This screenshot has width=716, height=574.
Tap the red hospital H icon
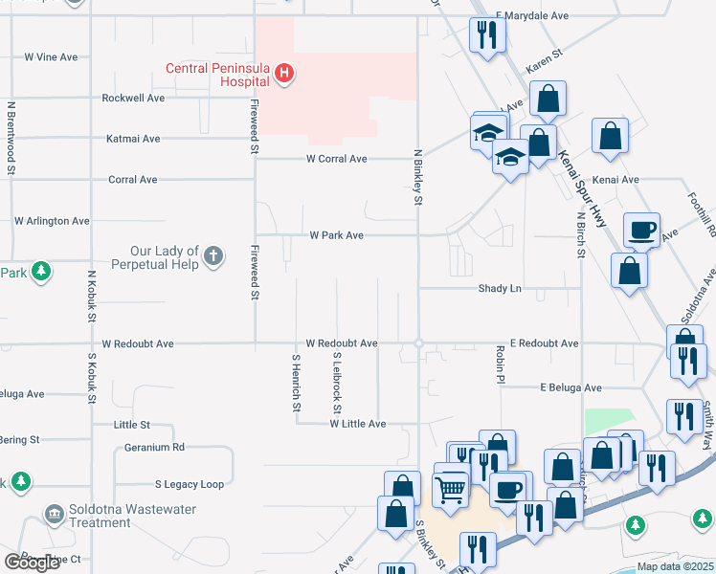tap(283, 72)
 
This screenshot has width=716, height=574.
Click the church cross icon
tap(213, 256)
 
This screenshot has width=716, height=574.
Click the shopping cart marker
tap(450, 491)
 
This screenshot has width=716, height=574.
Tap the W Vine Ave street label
tap(51, 57)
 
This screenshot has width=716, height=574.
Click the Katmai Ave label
tap(133, 139)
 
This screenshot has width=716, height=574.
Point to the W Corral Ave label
tap(337, 159)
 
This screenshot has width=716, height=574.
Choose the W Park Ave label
tap(336, 235)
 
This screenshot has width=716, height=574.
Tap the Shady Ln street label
tap(501, 288)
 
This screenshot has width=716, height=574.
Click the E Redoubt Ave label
tap(544, 343)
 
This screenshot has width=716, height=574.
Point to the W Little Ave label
tap(357, 424)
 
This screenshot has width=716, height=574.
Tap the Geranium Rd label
tap(154, 447)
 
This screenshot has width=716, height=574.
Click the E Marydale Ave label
tap(532, 16)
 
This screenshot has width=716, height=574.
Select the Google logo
tap(33, 563)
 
